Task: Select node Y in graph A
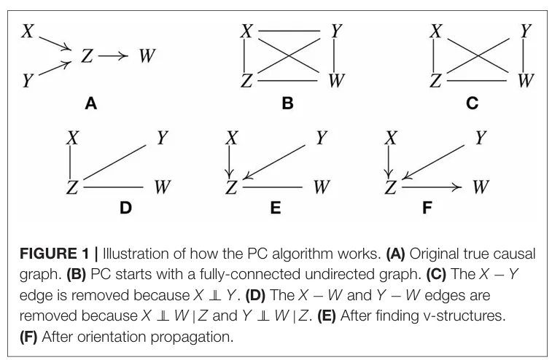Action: click(28, 79)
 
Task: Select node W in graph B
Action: click(335, 79)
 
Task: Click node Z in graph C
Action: click(435, 79)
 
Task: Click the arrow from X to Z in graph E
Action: click(231, 160)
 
